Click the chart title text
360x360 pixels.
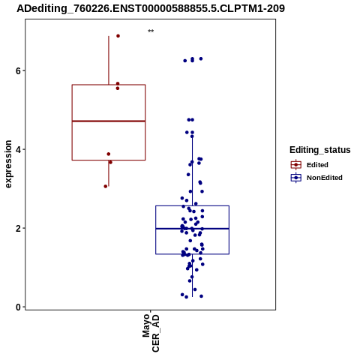(x=151, y=8)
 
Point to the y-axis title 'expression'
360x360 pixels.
(x=8, y=164)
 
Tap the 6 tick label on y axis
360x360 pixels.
(x=18, y=70)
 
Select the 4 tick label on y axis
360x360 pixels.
(x=18, y=149)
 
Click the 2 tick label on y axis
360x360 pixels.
(x=18, y=228)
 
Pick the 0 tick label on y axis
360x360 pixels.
(x=18, y=307)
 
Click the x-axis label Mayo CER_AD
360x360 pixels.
(x=151, y=333)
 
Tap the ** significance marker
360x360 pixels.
(x=151, y=31)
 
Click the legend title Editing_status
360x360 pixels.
(x=320, y=150)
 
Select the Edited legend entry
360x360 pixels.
(x=310, y=165)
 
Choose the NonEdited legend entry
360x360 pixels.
(x=316, y=178)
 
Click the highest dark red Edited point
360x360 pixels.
(x=118, y=36)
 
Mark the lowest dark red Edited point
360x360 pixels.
(x=106, y=186)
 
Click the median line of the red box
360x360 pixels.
(x=109, y=121)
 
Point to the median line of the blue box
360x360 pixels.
(x=192, y=229)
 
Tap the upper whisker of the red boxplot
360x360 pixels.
(x=109, y=60)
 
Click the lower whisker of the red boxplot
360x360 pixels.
(x=109, y=173)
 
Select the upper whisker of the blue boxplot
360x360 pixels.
(x=192, y=171)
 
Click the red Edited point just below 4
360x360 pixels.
(x=109, y=154)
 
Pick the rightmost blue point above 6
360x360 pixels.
(x=201, y=58)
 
